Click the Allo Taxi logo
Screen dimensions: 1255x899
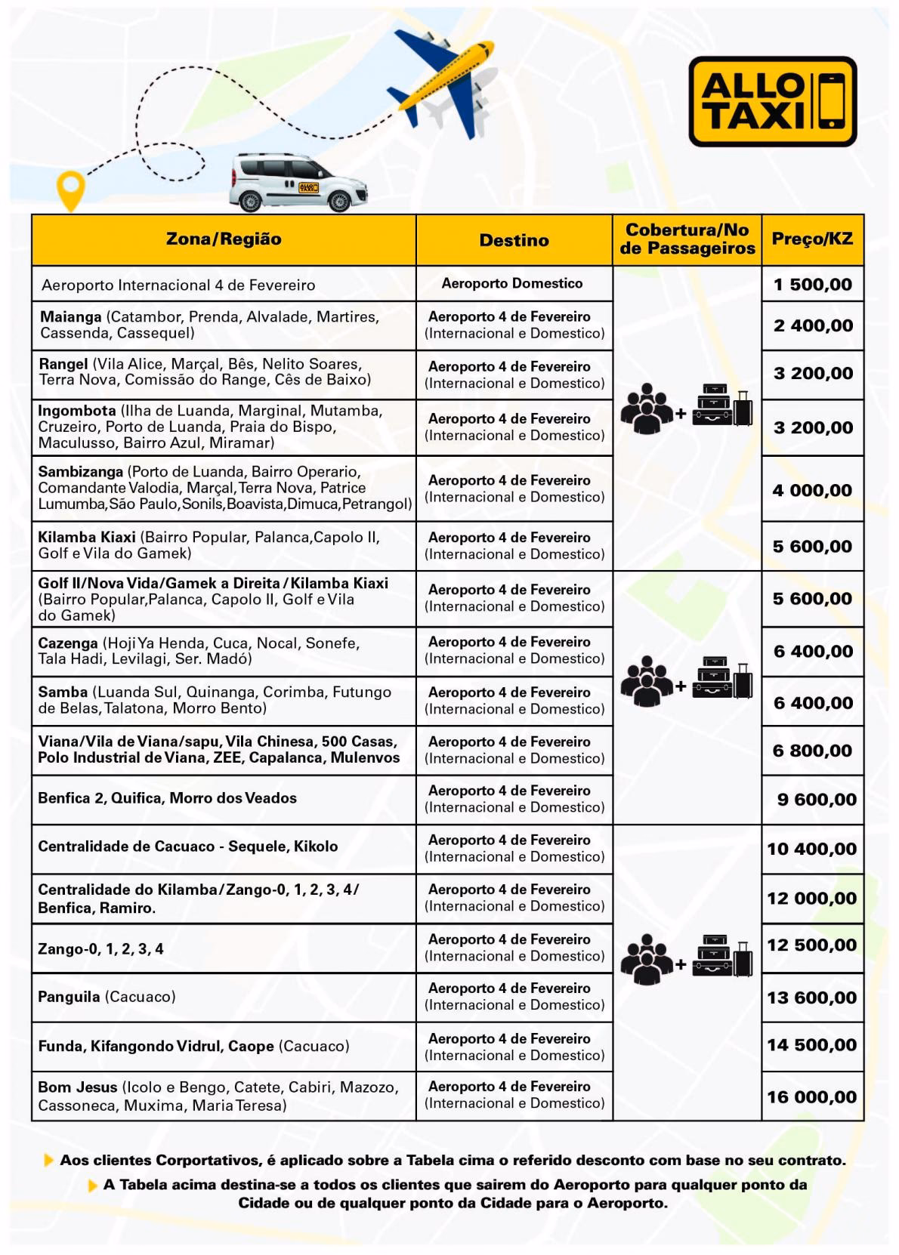click(772, 102)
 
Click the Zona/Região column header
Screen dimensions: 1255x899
click(224, 239)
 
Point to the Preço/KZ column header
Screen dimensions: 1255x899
click(812, 239)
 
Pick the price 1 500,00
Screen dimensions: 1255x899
click(812, 285)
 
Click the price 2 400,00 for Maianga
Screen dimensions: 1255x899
click(812, 325)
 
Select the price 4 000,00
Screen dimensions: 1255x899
click(812, 490)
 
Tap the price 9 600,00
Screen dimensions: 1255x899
click(817, 800)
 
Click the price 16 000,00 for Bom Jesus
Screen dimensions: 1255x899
click(812, 1097)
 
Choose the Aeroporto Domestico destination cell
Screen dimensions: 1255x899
click(512, 284)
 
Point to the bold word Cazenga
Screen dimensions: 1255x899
click(68, 643)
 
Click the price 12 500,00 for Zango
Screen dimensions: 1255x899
click(812, 945)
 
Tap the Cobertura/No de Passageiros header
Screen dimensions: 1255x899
click(687, 239)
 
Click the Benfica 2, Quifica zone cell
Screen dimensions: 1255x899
click(167, 798)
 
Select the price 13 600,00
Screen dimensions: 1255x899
click(812, 998)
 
